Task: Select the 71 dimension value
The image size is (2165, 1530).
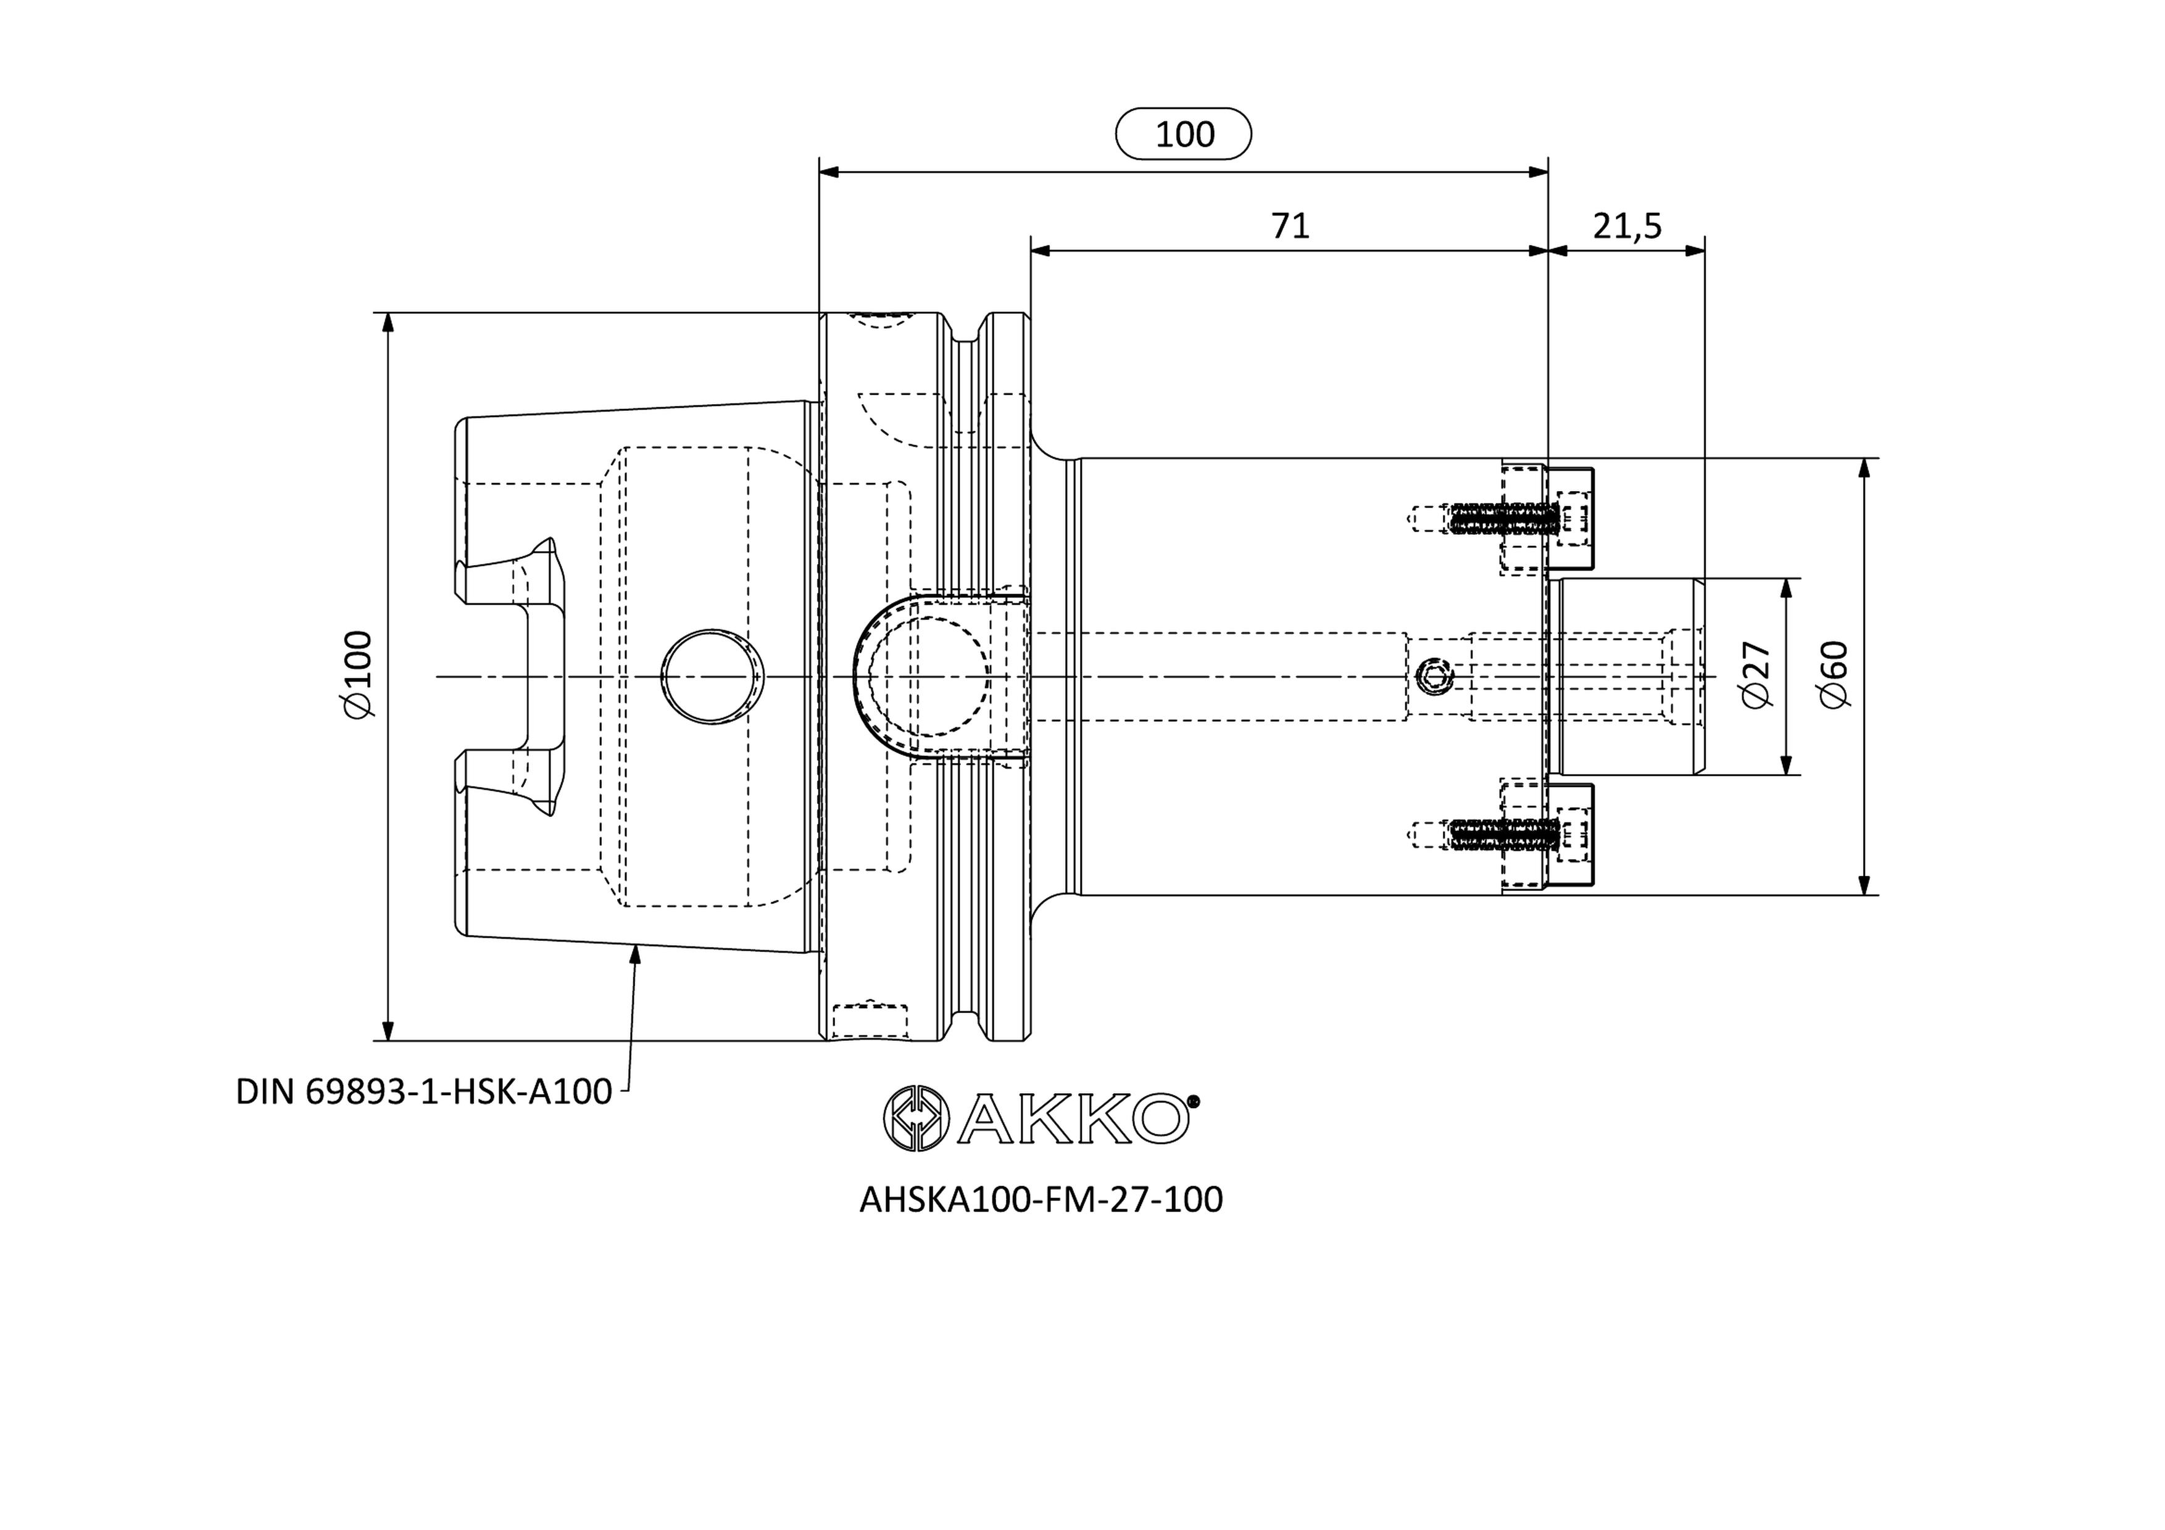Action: pos(1290,226)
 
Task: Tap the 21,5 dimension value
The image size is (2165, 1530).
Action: pos(1627,226)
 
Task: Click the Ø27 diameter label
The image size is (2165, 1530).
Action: pos(1756,675)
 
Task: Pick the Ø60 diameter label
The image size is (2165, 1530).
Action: pos(1835,675)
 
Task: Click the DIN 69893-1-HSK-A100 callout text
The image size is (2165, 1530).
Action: pos(423,1091)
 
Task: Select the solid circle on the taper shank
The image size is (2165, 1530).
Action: pos(713,677)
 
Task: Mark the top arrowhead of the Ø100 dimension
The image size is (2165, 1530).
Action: pos(386,323)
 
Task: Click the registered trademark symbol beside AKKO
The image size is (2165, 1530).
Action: pos(1193,1100)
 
